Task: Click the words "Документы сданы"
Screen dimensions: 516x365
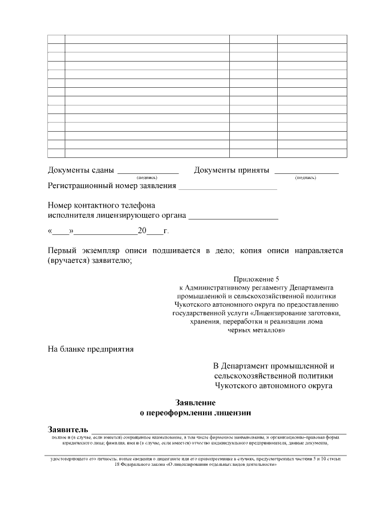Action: click(80, 170)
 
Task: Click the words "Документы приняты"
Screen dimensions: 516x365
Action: click(231, 170)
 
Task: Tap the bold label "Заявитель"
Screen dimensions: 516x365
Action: click(68, 429)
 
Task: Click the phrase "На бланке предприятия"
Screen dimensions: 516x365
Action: click(91, 349)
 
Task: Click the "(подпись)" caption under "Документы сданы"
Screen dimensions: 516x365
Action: click(147, 178)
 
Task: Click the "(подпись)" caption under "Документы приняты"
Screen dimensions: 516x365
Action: click(306, 178)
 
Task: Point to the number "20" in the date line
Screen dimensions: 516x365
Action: click(142, 231)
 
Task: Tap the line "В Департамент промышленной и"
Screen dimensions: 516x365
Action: click(274, 365)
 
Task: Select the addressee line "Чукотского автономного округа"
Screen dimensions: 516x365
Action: click(274, 385)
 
